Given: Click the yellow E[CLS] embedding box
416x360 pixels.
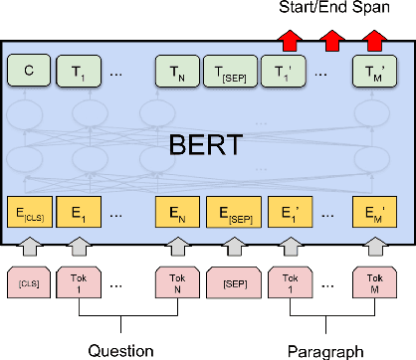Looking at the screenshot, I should (x=28, y=212).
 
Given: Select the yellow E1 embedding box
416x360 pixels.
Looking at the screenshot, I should (x=76, y=212).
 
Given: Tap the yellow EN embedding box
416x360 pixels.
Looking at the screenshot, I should (x=176, y=212).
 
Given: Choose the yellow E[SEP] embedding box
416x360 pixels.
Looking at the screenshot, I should (x=230, y=212).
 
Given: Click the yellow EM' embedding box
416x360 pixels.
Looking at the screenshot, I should (x=373, y=212).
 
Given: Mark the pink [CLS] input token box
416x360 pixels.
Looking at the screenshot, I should (x=28, y=282).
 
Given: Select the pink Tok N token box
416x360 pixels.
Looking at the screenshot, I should (x=176, y=282).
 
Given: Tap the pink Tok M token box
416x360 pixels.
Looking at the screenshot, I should (x=373, y=282).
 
